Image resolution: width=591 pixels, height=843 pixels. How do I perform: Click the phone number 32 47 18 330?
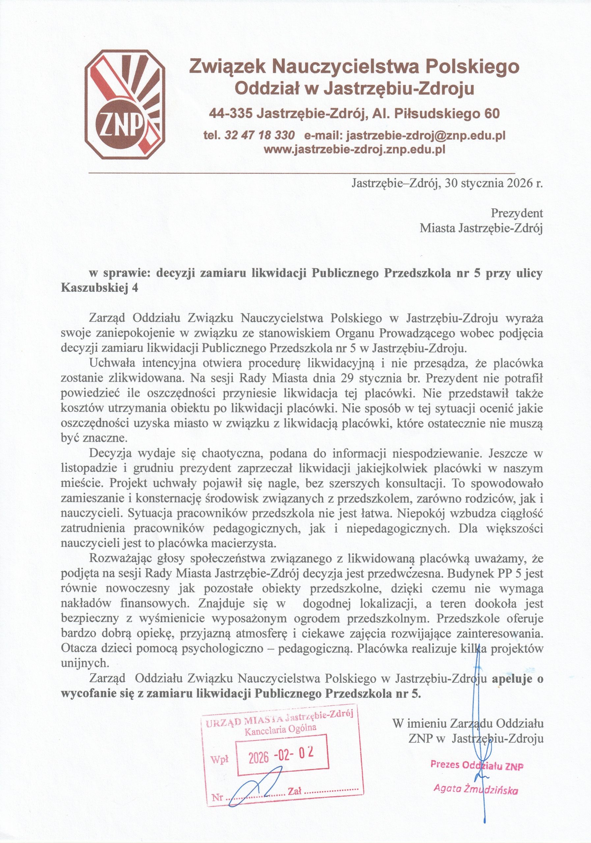click(x=259, y=135)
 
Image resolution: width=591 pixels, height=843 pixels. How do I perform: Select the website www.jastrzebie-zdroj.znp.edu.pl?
click(x=355, y=150)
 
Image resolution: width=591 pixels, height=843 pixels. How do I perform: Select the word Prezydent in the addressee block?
click(x=517, y=213)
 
